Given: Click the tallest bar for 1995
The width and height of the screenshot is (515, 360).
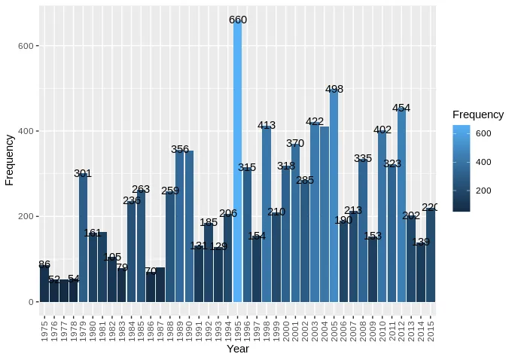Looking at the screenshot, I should pos(238,161).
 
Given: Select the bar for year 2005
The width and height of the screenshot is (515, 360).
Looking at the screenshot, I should pos(334,196).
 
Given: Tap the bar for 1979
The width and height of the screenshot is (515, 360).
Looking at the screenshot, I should pos(83,238).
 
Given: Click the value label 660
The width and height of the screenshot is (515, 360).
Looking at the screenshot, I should pos(238,20).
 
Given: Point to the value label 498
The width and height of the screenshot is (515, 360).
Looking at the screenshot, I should pos(334,89).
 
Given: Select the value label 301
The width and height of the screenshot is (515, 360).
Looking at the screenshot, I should pos(83,173).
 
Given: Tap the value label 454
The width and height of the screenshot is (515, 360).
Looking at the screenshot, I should pos(401,108).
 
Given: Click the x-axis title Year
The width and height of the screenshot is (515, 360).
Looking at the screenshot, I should pos(238,349).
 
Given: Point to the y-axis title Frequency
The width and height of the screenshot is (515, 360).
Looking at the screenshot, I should pos(10,160).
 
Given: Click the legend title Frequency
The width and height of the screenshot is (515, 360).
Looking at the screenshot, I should pos(478,114).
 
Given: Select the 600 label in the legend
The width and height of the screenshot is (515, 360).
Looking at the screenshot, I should pos(483,133).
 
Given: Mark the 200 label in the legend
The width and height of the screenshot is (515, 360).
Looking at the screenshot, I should pos(483,191).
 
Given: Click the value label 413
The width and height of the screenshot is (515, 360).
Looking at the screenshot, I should pos(267,125).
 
